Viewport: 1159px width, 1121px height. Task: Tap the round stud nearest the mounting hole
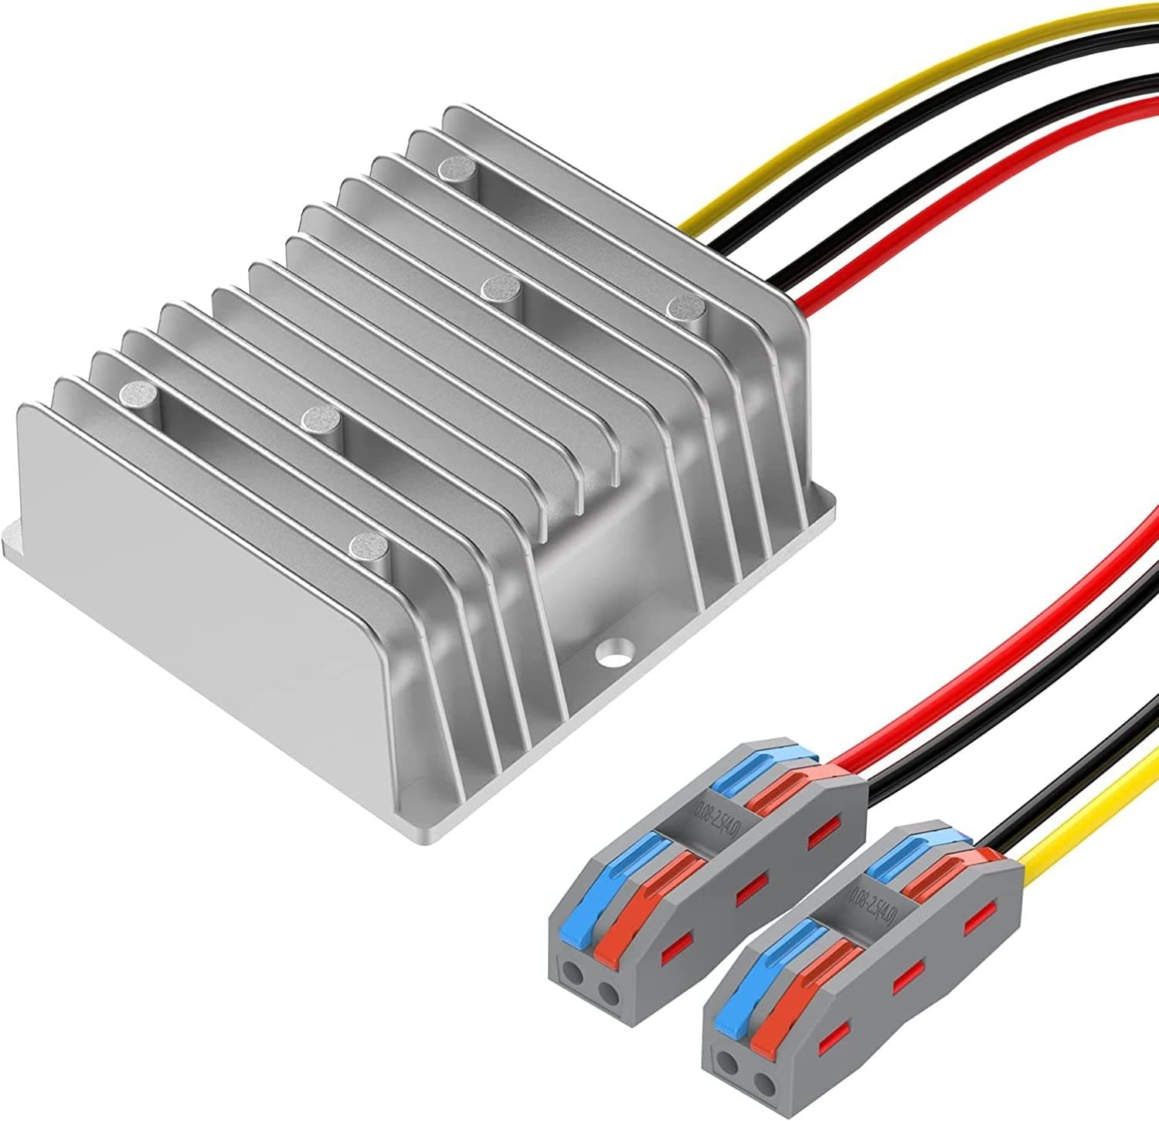click(x=368, y=546)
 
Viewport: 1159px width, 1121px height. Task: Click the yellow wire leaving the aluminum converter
click(x=850, y=116)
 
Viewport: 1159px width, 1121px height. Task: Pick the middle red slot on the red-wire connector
click(x=748, y=892)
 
